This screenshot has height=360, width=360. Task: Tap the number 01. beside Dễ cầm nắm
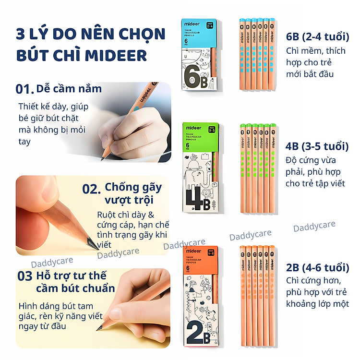point(25,89)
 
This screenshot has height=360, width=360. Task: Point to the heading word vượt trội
point(129,200)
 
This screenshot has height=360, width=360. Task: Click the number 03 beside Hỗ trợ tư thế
point(24,276)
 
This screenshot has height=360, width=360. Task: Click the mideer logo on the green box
point(193,128)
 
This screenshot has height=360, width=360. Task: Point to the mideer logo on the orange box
point(194,251)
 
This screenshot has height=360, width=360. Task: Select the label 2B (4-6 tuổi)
point(317,268)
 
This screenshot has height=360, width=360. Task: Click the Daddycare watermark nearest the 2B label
point(314,227)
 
